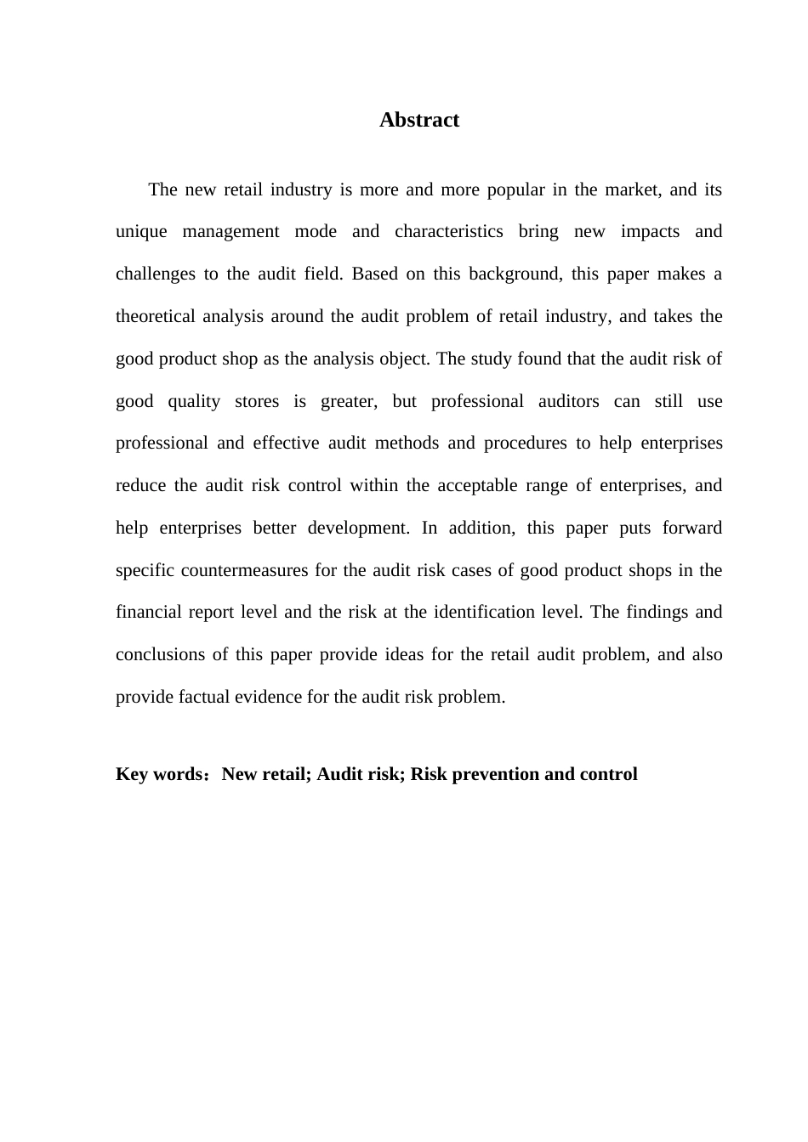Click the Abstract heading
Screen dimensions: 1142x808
coord(419,120)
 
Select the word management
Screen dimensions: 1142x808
coord(230,232)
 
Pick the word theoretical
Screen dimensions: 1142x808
coord(156,316)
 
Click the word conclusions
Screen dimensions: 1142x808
coord(160,654)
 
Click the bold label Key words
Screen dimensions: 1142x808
coord(158,774)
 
